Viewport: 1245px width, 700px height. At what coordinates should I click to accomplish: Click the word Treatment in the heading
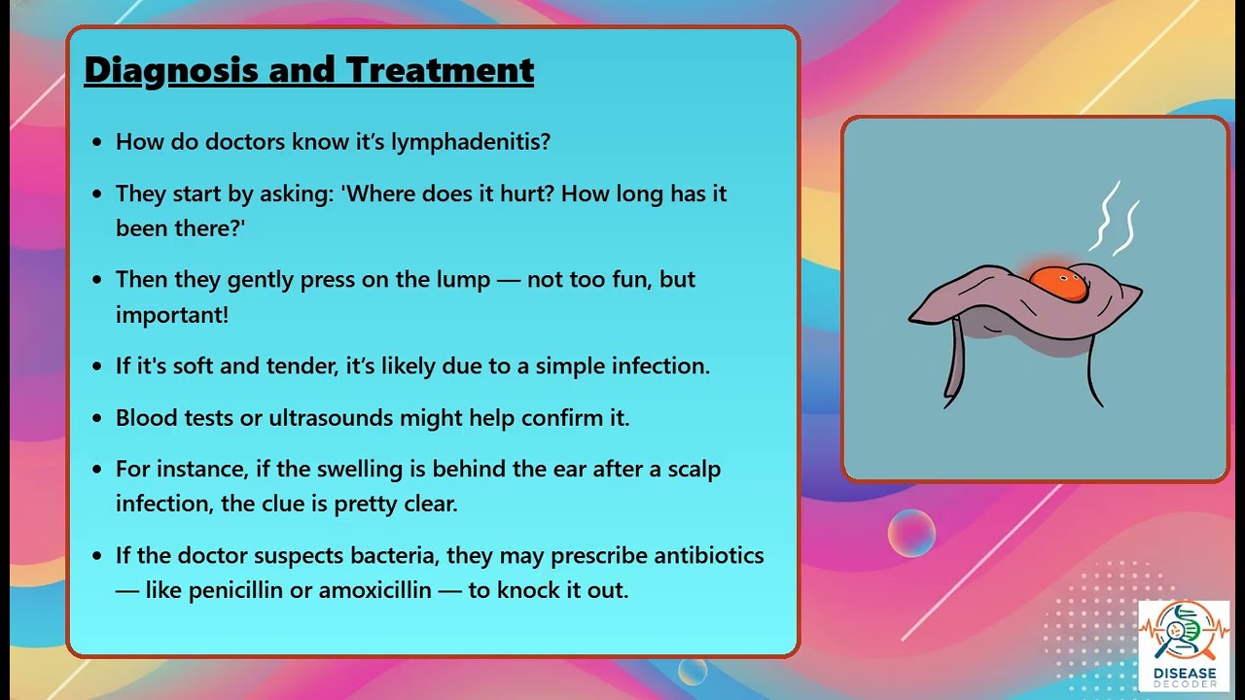pos(440,70)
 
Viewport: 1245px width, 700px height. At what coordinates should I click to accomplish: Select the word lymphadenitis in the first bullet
pos(471,142)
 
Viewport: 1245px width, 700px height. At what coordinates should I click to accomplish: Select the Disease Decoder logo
pos(1184,645)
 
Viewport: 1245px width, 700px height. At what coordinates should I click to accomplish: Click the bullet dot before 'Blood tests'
pos(96,419)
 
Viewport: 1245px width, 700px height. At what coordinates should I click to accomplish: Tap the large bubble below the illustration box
pos(911,533)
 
